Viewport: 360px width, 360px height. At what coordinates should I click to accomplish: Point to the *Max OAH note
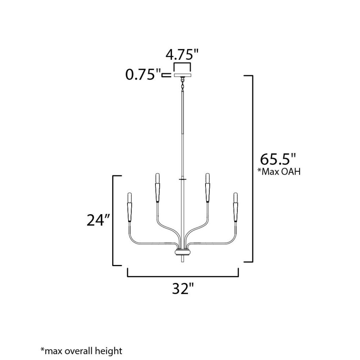279,171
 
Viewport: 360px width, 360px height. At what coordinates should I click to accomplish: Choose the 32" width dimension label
183,288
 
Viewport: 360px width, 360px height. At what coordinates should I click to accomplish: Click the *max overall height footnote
81,351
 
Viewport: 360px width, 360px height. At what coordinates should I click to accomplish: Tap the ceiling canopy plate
183,75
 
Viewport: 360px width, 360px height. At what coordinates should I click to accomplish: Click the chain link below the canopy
183,83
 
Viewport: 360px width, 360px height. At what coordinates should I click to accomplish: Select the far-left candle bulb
130,197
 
